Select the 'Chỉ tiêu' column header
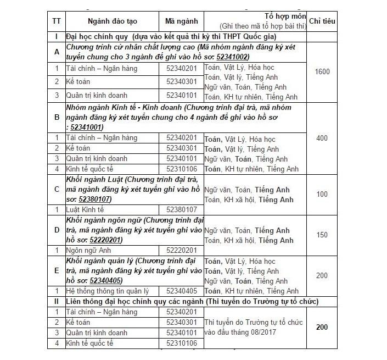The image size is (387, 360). point(322,21)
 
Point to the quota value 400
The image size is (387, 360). point(322,138)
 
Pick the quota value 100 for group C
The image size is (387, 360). point(322,194)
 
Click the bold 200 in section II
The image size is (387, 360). point(322,327)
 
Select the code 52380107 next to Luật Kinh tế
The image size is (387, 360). point(181,209)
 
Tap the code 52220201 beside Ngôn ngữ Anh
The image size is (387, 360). point(181,250)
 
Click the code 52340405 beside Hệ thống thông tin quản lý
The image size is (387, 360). point(181,291)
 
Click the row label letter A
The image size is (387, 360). point(56,51)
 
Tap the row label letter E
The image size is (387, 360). point(56,270)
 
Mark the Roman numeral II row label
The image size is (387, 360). point(56,301)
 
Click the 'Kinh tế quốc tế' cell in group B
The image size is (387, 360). point(89,169)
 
